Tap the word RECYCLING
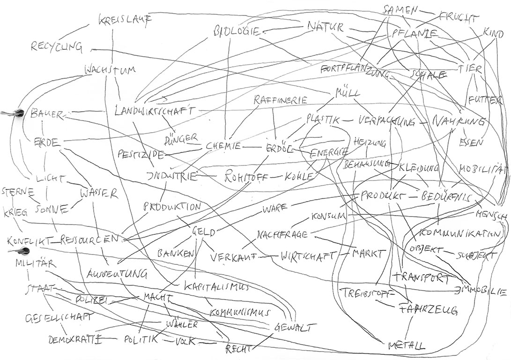tap(57, 47)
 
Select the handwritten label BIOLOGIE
tap(237, 32)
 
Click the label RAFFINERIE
tap(280, 100)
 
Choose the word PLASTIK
tap(323, 120)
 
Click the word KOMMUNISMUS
tap(240, 311)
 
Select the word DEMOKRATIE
tap(75, 339)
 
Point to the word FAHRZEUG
tap(427, 309)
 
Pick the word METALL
tap(407, 346)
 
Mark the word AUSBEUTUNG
tap(118, 273)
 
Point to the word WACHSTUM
tap(110, 70)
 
